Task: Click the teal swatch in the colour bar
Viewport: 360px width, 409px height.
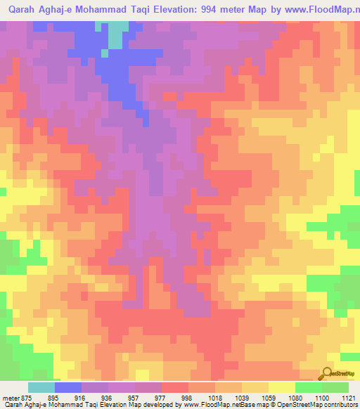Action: [x=41, y=387]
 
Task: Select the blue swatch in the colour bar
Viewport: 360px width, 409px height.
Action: [x=68, y=387]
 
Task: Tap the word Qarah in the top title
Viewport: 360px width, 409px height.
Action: [x=25, y=11]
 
